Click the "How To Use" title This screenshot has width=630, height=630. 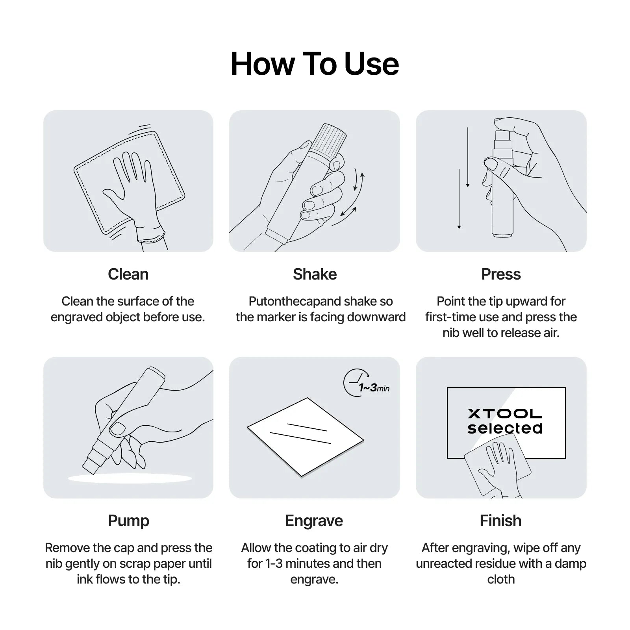(x=315, y=64)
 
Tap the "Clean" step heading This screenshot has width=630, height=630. (x=128, y=274)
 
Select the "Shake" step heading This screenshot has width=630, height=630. (x=315, y=274)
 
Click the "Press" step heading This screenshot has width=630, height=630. (x=501, y=274)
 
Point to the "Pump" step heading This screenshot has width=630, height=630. (x=128, y=521)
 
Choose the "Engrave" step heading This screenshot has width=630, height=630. (x=314, y=521)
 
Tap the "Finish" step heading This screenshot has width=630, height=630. (x=501, y=521)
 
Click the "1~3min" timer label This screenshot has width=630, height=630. (x=374, y=388)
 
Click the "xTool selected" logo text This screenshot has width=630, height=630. (x=505, y=421)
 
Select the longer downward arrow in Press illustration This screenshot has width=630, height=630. (x=459, y=199)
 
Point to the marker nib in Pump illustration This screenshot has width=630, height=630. (x=91, y=463)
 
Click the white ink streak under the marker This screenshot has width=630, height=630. (x=130, y=478)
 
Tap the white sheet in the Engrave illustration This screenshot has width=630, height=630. (x=306, y=437)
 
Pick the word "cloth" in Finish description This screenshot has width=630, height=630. (x=501, y=579)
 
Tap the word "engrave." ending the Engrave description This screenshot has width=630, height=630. (x=314, y=580)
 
